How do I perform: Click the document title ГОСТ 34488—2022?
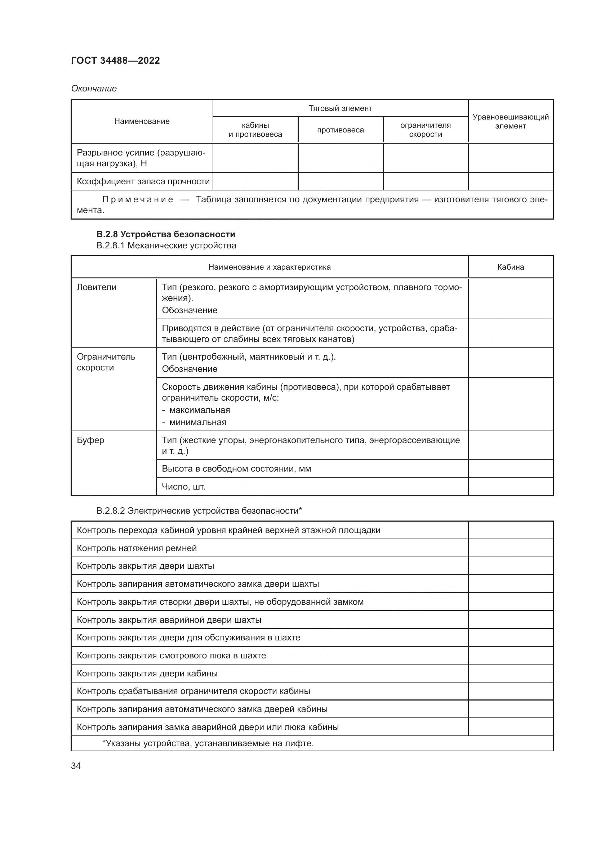pos(115,60)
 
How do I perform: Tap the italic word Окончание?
pos(94,89)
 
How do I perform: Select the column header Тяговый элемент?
pos(340,108)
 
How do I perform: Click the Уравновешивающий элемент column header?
pos(511,121)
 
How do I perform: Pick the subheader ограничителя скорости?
pos(425,130)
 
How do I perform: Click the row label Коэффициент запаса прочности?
pos(143,181)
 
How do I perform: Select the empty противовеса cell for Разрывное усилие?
pos(340,158)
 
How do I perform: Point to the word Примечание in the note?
pos(138,199)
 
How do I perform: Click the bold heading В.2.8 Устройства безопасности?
pos(165,234)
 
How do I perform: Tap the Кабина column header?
pos(511,267)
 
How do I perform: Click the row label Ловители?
pos(97,287)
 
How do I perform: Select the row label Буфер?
pos(90,440)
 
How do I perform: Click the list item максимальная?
pos(200,410)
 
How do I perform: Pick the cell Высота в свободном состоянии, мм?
pos(236,469)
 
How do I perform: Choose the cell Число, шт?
pos(183,487)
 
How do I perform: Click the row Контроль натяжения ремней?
pos(137,548)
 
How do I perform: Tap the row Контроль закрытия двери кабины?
pos(147,673)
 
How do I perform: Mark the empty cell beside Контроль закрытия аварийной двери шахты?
pos(511,620)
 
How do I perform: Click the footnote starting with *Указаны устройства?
pos(208,743)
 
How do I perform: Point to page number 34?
pos(76,766)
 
